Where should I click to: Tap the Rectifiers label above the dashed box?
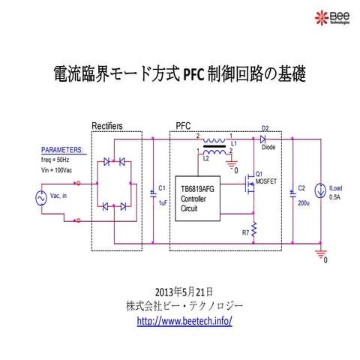[x=107, y=125]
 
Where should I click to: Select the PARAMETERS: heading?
[x=62, y=150]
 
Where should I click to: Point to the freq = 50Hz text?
[x=57, y=160]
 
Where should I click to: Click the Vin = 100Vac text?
[x=58, y=170]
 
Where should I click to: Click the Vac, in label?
[x=59, y=197]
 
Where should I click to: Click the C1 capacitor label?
[x=162, y=188]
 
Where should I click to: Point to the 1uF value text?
[x=163, y=202]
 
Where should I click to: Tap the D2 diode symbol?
[x=262, y=139]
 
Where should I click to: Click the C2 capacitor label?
[x=301, y=188]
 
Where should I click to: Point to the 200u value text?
[x=304, y=202]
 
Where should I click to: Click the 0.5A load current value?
[x=334, y=198]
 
